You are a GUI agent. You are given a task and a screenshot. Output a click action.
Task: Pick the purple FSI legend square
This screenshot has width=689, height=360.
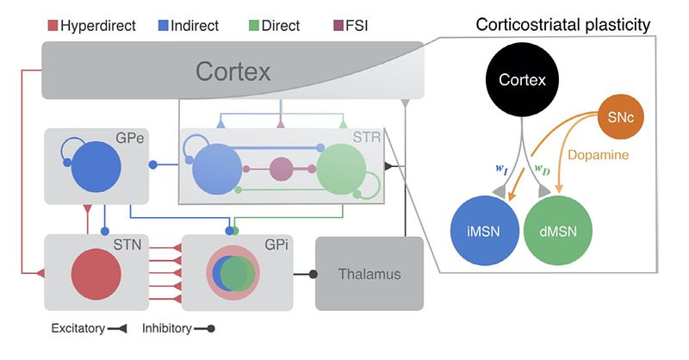coord(348,25)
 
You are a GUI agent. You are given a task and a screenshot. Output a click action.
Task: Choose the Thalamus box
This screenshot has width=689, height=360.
coord(369,275)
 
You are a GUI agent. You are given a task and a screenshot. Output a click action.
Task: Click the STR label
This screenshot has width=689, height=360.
coord(366,138)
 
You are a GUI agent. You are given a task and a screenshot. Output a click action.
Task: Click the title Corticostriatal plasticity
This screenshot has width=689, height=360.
coord(563,25)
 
